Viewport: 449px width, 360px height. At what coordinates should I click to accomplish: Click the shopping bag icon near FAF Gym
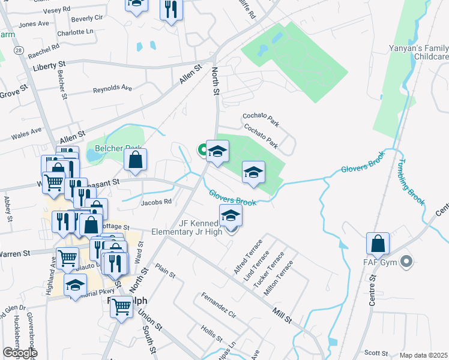(378, 244)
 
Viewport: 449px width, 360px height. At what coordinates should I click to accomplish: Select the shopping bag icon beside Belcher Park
(136, 160)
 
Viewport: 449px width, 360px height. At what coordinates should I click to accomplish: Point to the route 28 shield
(20, 51)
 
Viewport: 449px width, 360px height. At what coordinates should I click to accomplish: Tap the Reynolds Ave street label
(112, 88)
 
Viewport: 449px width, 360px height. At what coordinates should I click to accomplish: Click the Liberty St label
(50, 65)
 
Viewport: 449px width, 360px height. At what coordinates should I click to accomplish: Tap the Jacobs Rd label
(156, 202)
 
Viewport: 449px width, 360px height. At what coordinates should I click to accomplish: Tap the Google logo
(20, 353)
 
